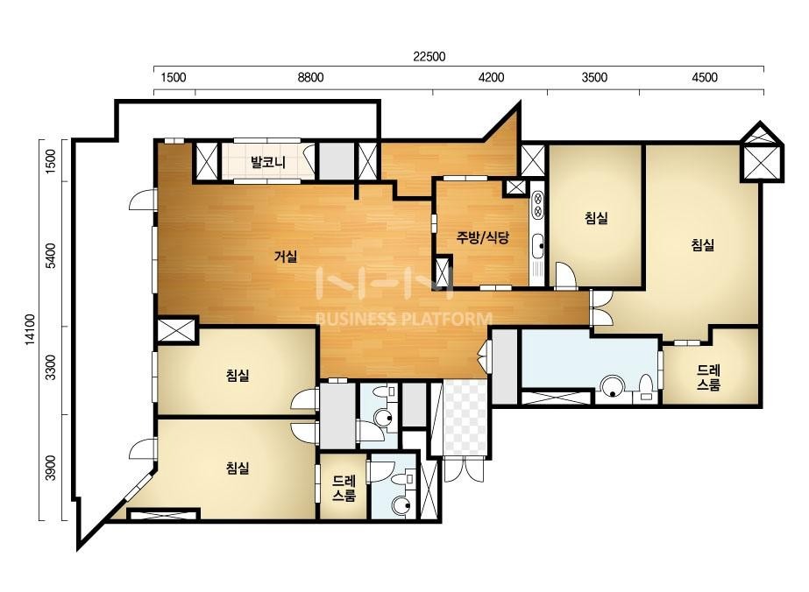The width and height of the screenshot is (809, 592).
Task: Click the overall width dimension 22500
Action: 429,56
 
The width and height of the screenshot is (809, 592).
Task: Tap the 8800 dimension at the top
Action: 310,77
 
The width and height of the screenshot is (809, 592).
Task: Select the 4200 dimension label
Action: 491,77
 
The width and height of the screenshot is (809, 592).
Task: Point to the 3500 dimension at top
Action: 594,77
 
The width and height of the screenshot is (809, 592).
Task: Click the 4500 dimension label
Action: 705,77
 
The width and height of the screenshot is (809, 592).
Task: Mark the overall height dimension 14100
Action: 30,329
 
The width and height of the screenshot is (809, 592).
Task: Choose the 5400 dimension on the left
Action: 50,255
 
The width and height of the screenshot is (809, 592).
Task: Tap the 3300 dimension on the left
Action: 50,367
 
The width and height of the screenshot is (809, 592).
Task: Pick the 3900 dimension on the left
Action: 50,468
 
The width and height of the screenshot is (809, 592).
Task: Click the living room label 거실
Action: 286,256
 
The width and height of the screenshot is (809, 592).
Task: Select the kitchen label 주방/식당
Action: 482,237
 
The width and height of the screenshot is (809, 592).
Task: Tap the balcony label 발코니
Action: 268,162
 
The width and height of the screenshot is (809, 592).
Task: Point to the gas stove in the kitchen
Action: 537,204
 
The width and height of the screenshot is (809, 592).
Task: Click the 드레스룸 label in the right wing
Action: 708,377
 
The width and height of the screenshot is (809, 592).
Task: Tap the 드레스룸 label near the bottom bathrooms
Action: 344,489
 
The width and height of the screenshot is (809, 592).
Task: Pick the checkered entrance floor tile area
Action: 465,419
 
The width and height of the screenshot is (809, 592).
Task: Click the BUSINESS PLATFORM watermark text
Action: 403,319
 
